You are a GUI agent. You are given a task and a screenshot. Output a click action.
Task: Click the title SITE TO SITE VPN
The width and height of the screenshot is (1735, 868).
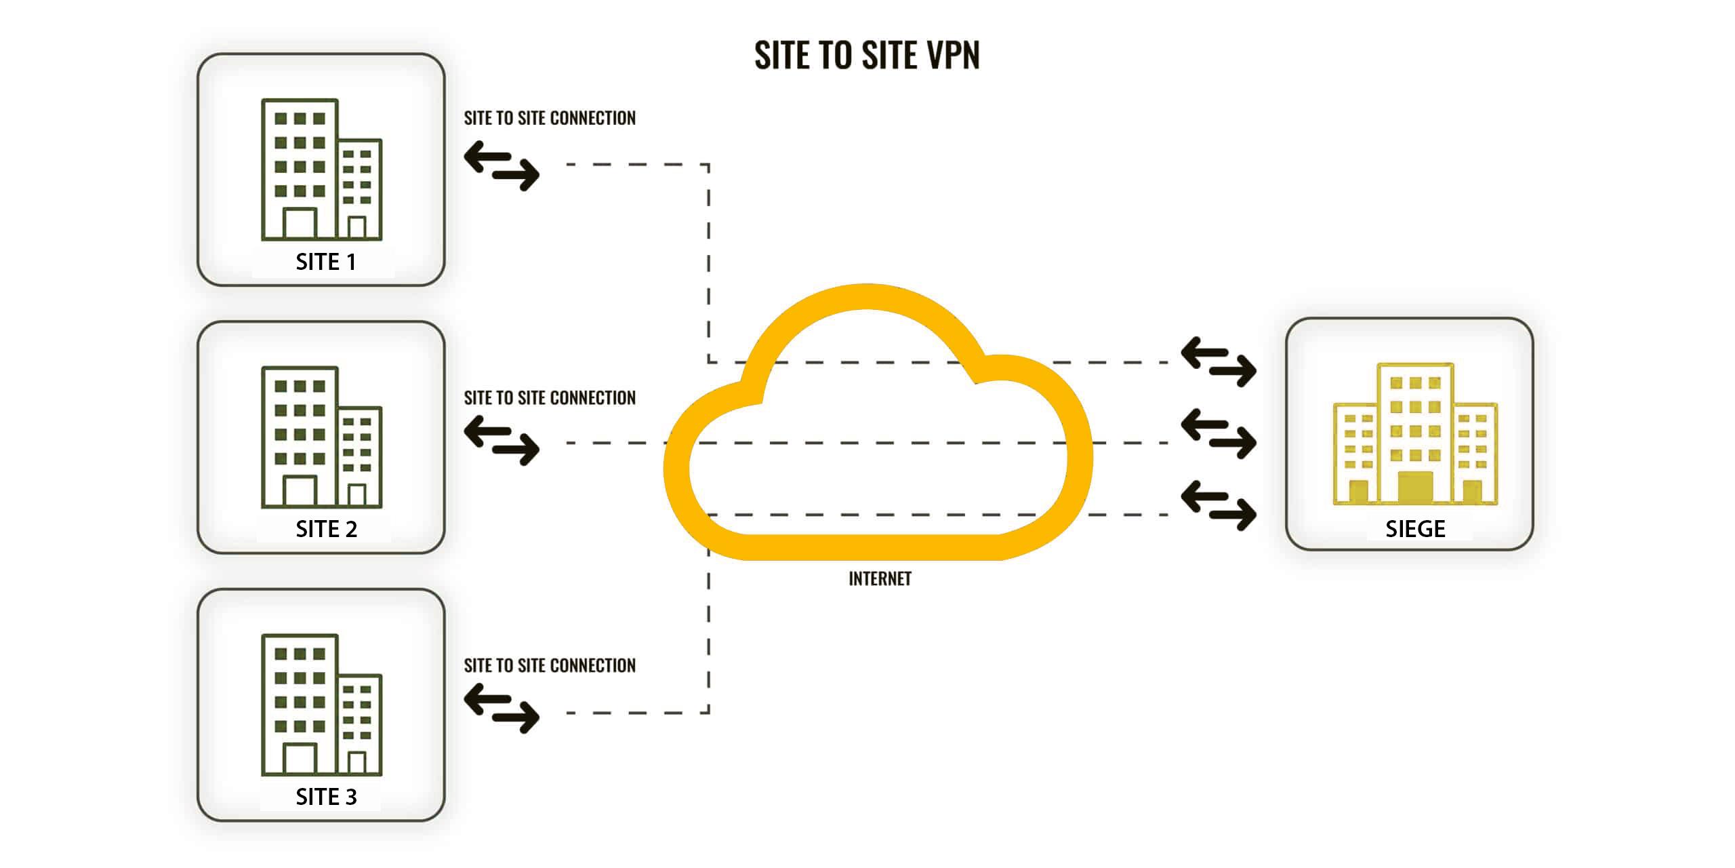point(867,55)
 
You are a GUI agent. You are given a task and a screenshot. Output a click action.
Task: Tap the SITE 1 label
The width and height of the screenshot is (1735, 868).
point(326,262)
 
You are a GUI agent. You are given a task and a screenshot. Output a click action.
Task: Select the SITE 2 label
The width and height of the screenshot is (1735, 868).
point(326,529)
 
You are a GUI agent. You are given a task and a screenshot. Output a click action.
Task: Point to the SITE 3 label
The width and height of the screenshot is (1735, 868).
point(326,797)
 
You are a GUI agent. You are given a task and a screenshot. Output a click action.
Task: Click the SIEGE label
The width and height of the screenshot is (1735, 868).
point(1415,529)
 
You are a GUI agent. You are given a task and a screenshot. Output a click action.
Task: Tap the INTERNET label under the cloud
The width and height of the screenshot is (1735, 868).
point(880,578)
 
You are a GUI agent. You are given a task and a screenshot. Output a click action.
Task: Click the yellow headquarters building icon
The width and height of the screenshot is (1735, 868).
point(1415,434)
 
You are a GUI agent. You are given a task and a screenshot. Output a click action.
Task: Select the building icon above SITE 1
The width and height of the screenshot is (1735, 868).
point(321,170)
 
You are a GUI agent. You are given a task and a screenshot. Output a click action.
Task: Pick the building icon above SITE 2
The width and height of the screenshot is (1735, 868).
point(321,437)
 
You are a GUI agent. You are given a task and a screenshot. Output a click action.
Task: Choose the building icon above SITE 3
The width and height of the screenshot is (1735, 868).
point(321,705)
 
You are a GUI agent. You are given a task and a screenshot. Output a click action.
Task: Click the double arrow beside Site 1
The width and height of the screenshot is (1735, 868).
point(502,165)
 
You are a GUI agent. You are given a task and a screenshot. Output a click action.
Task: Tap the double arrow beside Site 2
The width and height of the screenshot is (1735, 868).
point(502,441)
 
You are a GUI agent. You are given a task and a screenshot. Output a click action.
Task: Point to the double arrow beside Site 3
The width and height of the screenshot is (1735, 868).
point(502,709)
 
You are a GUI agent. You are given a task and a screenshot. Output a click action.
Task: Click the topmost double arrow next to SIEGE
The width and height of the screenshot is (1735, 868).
point(1218,362)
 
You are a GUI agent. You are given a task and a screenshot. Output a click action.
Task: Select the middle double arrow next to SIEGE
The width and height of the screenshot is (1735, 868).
point(1218,434)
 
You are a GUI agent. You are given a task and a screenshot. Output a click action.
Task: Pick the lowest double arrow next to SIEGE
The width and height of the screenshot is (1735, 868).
point(1218,506)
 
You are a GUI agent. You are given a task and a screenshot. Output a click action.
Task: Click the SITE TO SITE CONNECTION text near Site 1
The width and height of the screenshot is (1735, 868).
point(550,119)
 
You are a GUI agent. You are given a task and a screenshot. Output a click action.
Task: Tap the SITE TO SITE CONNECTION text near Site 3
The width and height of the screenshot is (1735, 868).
point(550,666)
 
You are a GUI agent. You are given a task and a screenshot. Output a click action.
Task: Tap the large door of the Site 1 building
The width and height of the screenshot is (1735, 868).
point(300,223)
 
